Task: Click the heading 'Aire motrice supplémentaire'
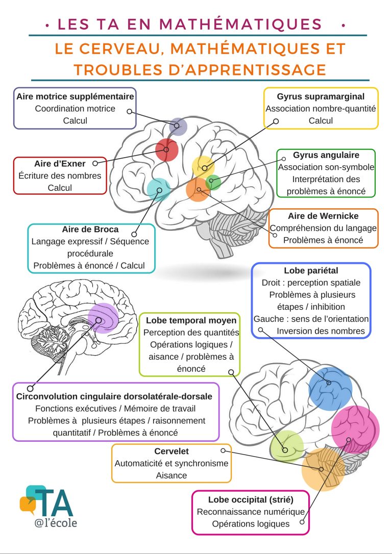point(75,96)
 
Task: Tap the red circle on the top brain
point(166,149)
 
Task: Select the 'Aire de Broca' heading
point(90,229)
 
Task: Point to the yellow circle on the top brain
point(203,166)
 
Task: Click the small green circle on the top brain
point(213,182)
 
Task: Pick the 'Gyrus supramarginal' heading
point(321,96)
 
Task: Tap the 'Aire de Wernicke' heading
point(323,216)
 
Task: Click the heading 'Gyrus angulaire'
point(326,155)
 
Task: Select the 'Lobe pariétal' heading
point(311,270)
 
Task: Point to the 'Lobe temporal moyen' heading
point(191,320)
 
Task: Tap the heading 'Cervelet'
point(171,451)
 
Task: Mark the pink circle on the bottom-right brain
point(355,429)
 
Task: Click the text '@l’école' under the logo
point(56,523)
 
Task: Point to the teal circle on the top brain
point(159,189)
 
